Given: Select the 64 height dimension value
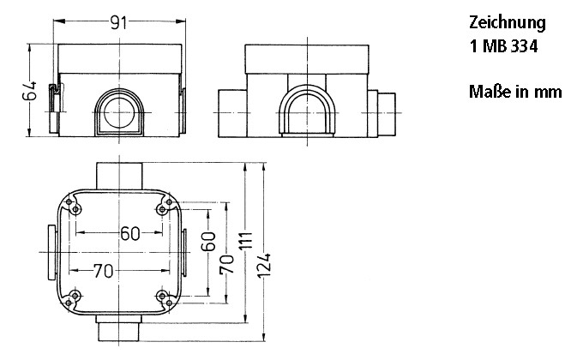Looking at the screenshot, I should pyautogui.click(x=28, y=92).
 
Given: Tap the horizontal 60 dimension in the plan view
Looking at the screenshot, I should pyautogui.click(x=130, y=233).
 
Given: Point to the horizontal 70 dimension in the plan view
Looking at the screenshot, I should pyautogui.click(x=103, y=272).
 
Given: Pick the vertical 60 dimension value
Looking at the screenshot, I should pyautogui.click(x=207, y=241).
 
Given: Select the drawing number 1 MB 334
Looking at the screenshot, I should pyautogui.click(x=503, y=48).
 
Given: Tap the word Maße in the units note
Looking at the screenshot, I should pyautogui.click(x=488, y=91).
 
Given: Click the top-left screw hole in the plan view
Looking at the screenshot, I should pyautogui.click(x=76, y=208).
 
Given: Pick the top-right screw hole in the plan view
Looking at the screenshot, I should pyautogui.click(x=163, y=208).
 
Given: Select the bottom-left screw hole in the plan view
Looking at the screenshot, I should pyautogui.click(x=76, y=296).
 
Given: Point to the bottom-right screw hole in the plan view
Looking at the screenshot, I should pyautogui.click(x=163, y=296).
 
